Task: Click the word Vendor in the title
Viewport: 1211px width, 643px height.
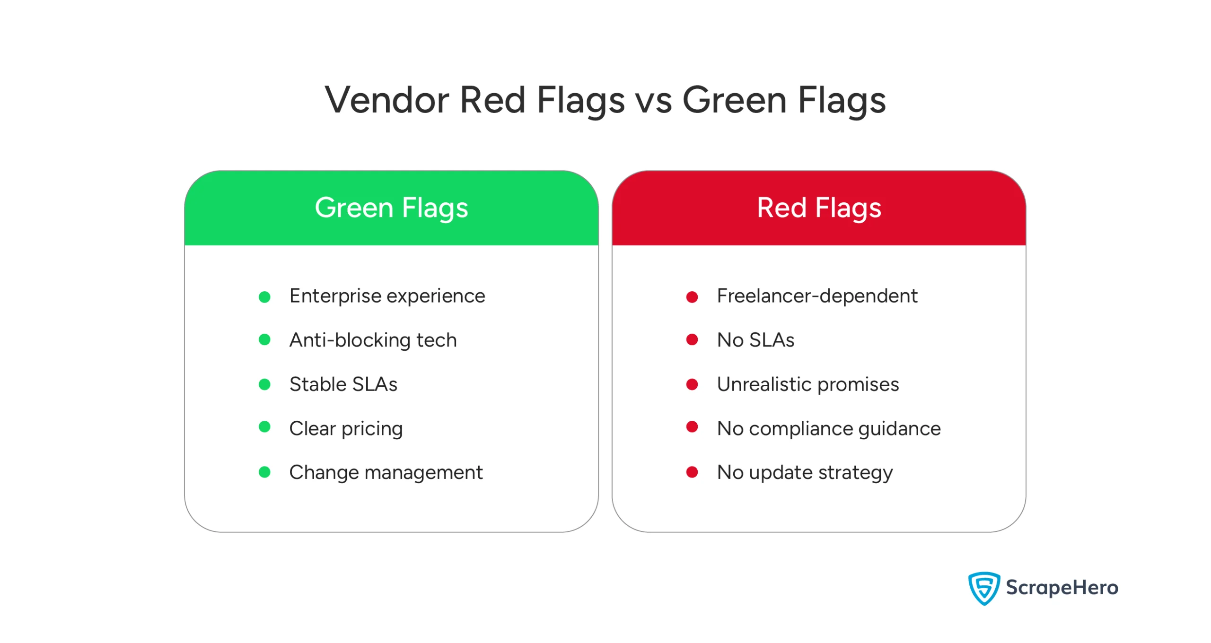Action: [x=386, y=100]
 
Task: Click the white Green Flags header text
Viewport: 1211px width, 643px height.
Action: [x=391, y=208]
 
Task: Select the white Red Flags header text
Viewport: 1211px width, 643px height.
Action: [x=819, y=208]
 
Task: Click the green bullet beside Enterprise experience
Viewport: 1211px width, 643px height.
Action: [x=264, y=297]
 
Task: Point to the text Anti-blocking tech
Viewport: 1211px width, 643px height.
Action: [x=373, y=340]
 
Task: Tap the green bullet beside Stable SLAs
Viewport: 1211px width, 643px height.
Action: [x=264, y=384]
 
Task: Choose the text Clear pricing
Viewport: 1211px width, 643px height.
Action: [x=346, y=428]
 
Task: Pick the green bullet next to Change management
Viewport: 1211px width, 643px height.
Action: [x=264, y=472]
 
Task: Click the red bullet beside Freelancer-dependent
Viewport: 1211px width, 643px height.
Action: [x=692, y=297]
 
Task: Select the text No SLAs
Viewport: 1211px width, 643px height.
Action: [x=755, y=340]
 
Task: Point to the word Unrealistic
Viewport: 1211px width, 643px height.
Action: [x=763, y=384]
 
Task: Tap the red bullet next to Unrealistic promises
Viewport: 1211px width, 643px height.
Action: [x=692, y=384]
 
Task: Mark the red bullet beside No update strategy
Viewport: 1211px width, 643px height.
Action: [x=692, y=472]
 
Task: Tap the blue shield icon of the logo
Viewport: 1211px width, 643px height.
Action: [x=983, y=588]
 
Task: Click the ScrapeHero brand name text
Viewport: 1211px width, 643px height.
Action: [x=1062, y=587]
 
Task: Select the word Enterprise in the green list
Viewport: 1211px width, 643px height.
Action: [x=335, y=296]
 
